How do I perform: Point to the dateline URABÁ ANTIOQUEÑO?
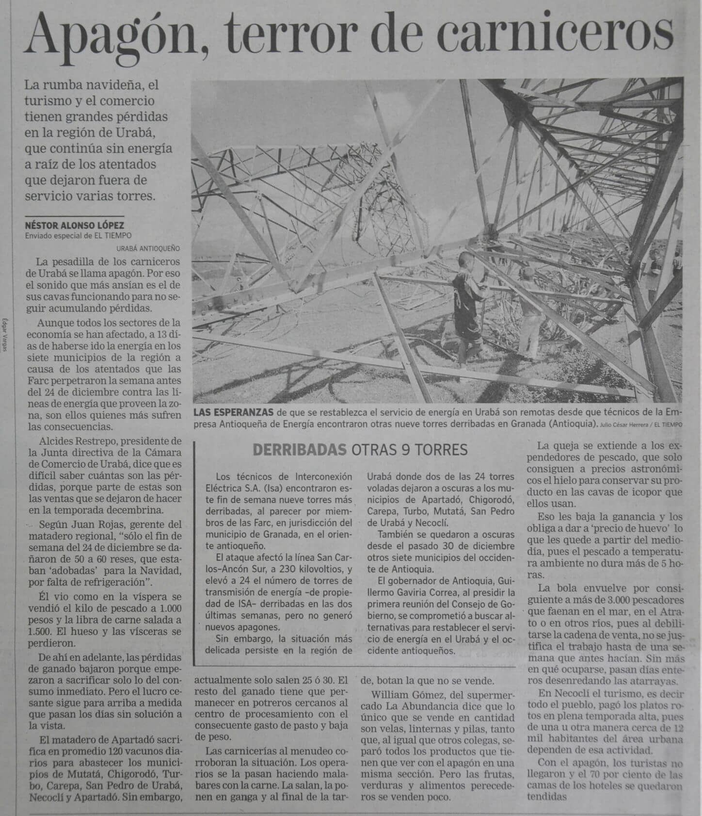pyautogui.click(x=148, y=248)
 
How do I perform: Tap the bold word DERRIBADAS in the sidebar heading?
pyautogui.click(x=299, y=450)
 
